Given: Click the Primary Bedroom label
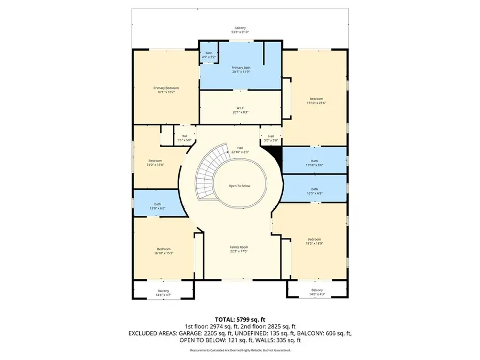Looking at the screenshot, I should [x=166, y=90].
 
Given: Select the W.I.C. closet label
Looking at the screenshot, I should [x=241, y=109].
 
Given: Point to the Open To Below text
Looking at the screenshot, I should [x=239, y=186].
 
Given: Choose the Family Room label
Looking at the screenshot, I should [x=239, y=249].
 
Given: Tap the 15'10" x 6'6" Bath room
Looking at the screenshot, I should [x=314, y=163].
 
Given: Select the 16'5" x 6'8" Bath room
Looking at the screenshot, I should [x=314, y=191].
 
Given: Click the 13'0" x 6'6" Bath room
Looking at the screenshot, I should [x=158, y=205].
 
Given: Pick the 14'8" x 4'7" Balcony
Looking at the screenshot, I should [x=163, y=292].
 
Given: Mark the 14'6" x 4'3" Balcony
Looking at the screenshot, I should [x=317, y=292].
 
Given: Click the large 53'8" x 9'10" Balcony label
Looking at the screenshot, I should [x=241, y=30].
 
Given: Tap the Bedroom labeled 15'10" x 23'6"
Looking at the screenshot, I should [x=316, y=101].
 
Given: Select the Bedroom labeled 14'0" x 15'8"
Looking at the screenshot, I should [x=155, y=163].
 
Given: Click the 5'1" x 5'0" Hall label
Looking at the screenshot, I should [x=184, y=138].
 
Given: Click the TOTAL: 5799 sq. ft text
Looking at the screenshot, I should [x=240, y=319].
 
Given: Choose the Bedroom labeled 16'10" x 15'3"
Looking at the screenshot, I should [x=163, y=251].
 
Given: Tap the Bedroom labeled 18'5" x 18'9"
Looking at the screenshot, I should [x=314, y=241].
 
